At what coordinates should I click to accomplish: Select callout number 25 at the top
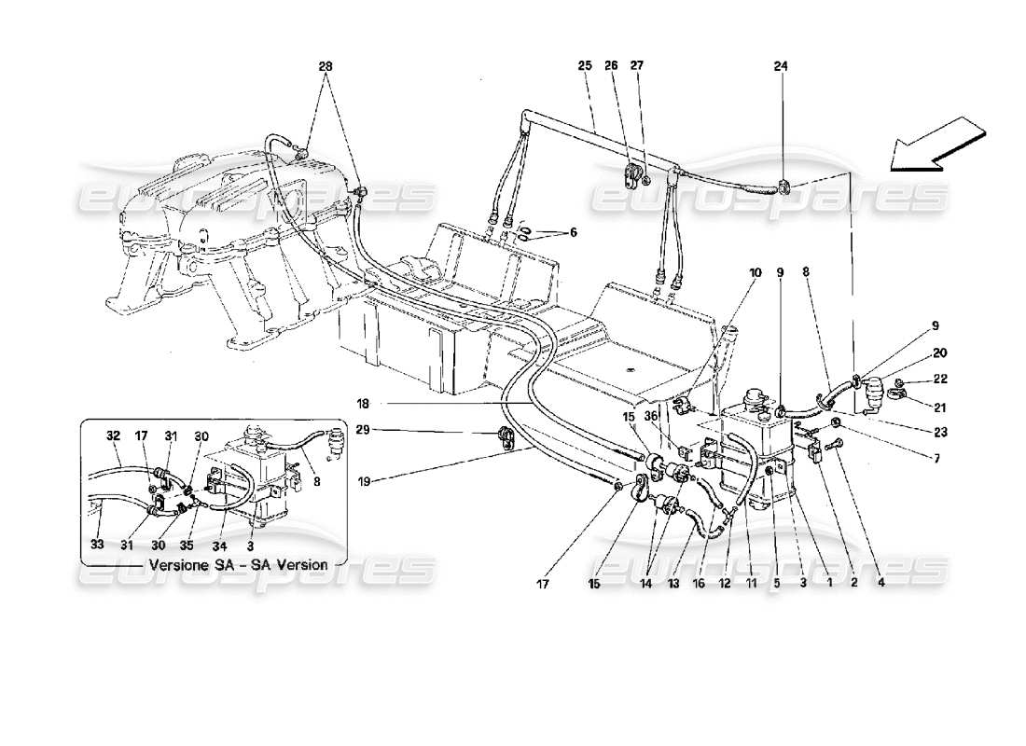click(x=585, y=66)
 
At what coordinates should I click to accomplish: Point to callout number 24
click(x=781, y=66)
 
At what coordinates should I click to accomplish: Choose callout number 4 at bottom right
click(x=880, y=586)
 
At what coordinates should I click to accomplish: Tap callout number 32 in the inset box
click(x=114, y=435)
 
